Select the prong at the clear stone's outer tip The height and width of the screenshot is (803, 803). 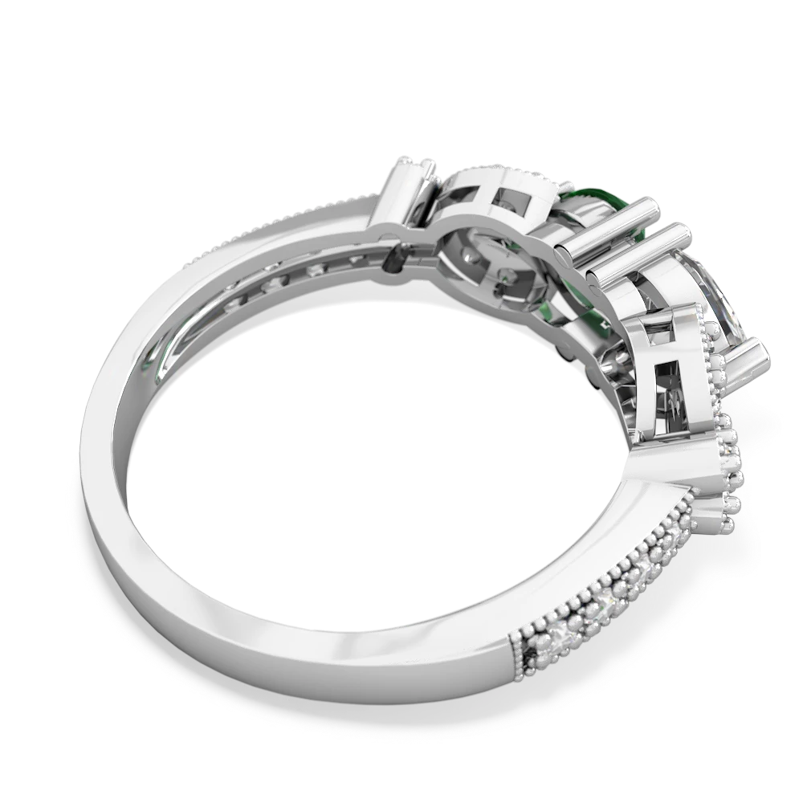click(760, 353)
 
